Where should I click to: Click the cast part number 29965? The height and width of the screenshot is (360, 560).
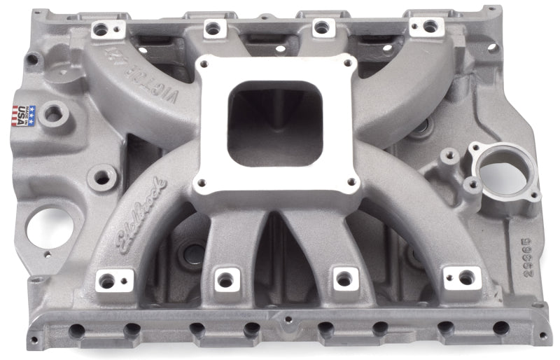coord(508,263)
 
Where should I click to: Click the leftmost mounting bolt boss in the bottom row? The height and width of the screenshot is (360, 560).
coord(106,280)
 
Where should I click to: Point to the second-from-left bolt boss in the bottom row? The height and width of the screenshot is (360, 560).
coord(225,279)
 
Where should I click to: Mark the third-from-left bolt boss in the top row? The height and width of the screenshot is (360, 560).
coord(321,27)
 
